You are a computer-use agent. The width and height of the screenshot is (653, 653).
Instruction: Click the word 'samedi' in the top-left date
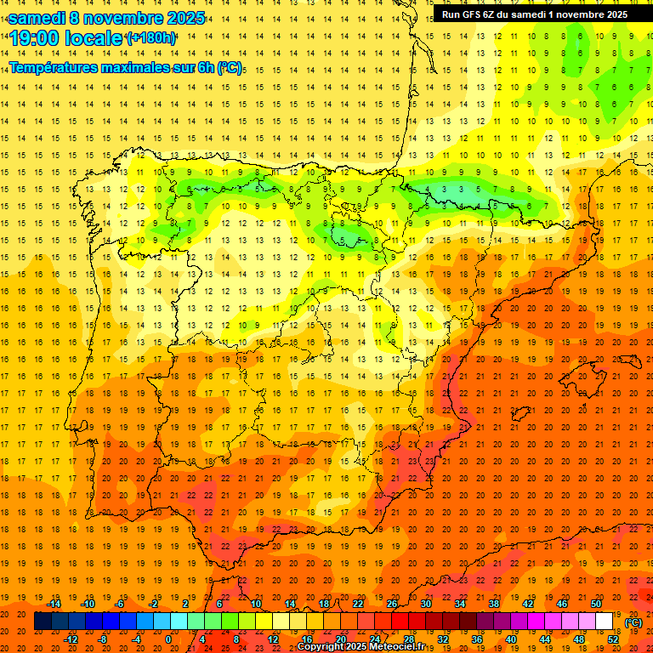[38, 18]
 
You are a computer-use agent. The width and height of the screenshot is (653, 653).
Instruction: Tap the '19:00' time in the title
[36, 38]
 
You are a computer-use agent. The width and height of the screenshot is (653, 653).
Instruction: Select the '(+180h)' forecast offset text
[150, 38]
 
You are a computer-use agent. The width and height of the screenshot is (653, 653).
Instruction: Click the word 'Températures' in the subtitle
[55, 67]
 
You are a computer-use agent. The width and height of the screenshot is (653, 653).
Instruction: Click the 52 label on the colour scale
[613, 639]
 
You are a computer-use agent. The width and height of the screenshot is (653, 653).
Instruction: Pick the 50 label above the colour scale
[596, 604]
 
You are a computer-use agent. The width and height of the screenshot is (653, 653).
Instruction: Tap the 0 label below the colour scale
[168, 639]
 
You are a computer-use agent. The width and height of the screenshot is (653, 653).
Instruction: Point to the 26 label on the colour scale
[392, 604]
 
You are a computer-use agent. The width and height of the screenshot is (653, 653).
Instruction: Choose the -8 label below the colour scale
[103, 639]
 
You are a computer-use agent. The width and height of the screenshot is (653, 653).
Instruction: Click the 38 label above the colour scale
[494, 604]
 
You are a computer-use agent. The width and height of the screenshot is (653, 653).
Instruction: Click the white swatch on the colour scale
[605, 622]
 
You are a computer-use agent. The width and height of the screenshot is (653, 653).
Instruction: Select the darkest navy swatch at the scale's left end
[43, 622]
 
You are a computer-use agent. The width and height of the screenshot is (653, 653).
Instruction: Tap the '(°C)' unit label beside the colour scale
[633, 622]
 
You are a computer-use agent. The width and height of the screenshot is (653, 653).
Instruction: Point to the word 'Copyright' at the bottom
[321, 647]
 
